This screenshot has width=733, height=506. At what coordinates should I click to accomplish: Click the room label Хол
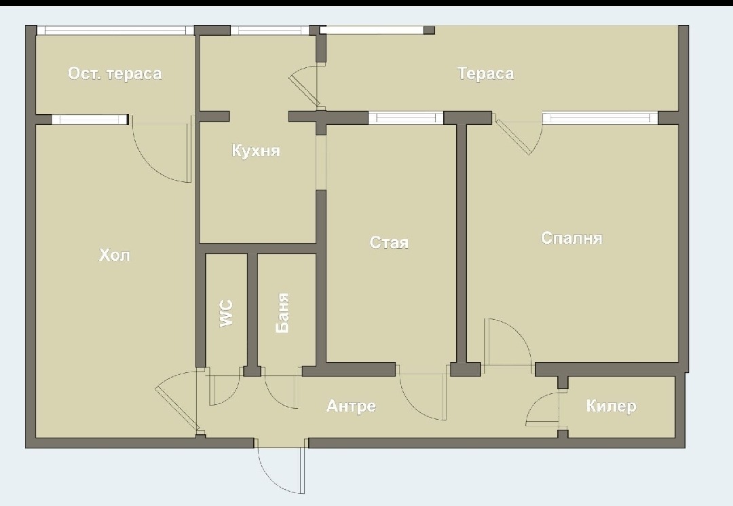tap(115, 255)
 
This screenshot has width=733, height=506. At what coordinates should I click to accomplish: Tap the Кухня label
tap(256, 151)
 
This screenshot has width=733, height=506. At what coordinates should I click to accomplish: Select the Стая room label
tap(389, 242)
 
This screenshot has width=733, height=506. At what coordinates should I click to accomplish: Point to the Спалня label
tap(571, 238)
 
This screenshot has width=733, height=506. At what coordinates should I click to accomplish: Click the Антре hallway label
tap(351, 405)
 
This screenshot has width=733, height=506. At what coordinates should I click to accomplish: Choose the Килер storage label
tap(611, 405)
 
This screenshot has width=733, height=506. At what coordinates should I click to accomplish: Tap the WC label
tap(226, 313)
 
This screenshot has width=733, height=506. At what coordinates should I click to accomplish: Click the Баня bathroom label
tap(282, 313)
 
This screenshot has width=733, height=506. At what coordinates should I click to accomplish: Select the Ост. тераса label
tap(115, 73)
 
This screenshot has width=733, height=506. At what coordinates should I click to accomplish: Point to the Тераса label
tap(486, 73)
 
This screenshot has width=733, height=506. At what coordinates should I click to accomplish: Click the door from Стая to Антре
tap(421, 397)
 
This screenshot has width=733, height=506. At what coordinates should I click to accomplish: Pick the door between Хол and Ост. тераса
tap(162, 149)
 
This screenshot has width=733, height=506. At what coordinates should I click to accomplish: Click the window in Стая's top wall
tap(406, 118)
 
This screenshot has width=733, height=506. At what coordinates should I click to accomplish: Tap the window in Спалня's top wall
tap(600, 118)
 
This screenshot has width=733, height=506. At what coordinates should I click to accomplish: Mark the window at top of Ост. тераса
tap(115, 31)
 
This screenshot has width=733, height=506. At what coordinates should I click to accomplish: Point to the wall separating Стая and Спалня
tap(462, 243)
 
